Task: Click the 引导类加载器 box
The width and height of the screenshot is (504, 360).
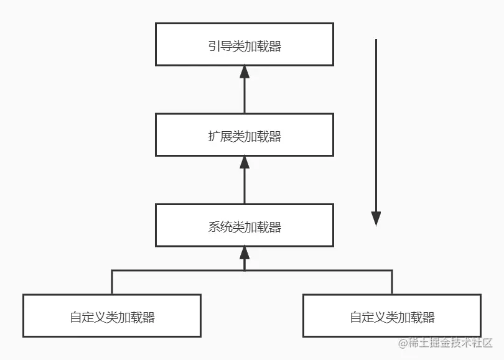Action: (x=244, y=44)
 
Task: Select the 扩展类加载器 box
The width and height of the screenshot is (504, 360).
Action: (x=244, y=135)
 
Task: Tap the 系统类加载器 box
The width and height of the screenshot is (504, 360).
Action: (x=244, y=225)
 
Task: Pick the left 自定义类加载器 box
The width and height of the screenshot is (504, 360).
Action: (x=112, y=315)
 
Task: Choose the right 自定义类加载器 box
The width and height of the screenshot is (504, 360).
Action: (x=391, y=315)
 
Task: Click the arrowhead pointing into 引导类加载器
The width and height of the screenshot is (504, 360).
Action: (x=245, y=72)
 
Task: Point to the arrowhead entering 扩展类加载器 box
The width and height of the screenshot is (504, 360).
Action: (x=245, y=162)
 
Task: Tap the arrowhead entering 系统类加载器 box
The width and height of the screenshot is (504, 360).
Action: (x=245, y=252)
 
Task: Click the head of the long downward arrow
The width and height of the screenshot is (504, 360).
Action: (x=376, y=218)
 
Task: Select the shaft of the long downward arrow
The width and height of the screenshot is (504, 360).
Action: (x=376, y=124)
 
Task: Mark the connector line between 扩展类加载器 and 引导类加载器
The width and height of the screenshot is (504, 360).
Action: (x=245, y=96)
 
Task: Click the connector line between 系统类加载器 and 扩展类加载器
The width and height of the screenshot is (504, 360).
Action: (x=245, y=187)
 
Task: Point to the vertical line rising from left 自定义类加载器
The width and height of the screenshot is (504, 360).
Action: (x=112, y=282)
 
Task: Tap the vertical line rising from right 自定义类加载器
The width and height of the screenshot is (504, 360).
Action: (x=392, y=282)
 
